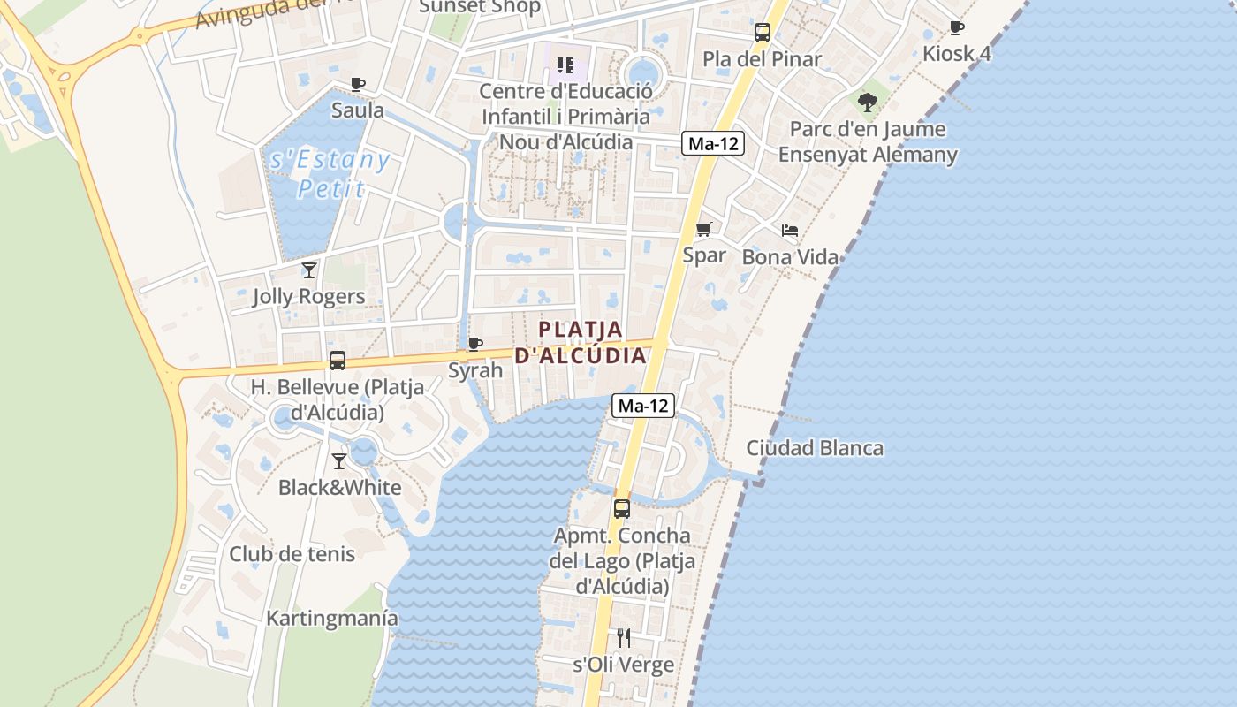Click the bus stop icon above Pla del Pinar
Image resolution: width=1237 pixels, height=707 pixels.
[762, 33]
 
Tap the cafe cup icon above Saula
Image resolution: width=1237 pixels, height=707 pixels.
[357, 85]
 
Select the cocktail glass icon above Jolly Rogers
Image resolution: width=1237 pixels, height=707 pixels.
[308, 270]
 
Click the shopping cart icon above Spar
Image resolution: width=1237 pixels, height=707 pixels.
[704, 230]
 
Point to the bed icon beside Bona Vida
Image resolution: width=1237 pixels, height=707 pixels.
[790, 231]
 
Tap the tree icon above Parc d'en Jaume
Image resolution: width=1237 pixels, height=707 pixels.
[868, 102]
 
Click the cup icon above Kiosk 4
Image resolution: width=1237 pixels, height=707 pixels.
[956, 28]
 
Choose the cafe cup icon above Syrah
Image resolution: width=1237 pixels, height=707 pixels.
[475, 344]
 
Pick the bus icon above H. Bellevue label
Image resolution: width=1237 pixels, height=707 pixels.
[337, 361]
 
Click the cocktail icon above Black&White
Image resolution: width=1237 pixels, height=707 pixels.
[339, 460]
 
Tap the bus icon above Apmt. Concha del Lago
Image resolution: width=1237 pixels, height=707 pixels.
[622, 509]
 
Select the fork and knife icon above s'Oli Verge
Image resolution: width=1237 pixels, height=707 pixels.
[624, 637]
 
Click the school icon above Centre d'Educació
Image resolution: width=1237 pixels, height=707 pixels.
[565, 65]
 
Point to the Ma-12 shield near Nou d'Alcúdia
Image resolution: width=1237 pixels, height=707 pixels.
[712, 144]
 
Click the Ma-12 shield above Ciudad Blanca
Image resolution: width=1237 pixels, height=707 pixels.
[643, 406]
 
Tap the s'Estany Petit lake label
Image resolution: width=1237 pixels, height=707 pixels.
[328, 174]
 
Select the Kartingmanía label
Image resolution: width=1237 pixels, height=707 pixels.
[332, 618]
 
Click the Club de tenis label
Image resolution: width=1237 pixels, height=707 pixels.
[292, 554]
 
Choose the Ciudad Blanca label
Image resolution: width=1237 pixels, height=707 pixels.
[815, 447]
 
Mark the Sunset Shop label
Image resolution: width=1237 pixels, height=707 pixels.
[479, 7]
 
